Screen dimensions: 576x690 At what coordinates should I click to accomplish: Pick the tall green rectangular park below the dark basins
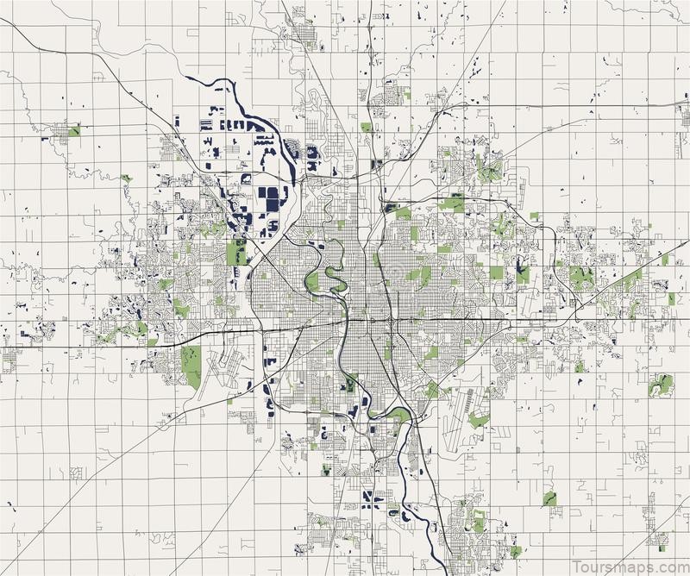[235, 254]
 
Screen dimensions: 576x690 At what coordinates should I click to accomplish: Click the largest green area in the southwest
[191, 365]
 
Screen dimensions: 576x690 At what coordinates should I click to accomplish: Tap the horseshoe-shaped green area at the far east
[660, 385]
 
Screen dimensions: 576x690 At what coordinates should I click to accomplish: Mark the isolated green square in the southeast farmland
[549, 498]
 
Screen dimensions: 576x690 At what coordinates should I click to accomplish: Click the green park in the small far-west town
[74, 131]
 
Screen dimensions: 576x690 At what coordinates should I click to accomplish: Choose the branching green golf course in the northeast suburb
[489, 168]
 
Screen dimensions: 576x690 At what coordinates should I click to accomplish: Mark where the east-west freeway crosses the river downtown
[351, 320]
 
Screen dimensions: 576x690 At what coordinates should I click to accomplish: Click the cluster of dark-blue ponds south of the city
[373, 498]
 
